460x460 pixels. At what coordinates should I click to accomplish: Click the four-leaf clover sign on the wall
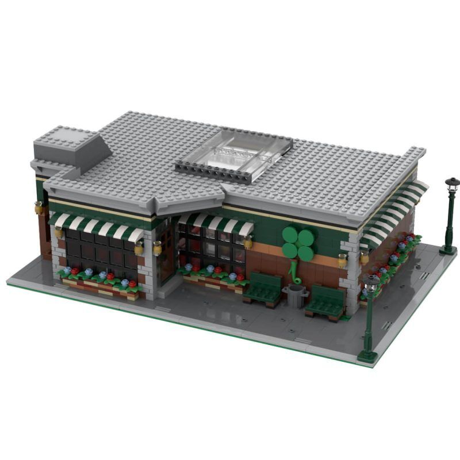point(298,243)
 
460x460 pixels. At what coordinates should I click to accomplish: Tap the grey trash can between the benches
point(296,296)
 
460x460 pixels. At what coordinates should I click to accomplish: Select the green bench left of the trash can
point(263,289)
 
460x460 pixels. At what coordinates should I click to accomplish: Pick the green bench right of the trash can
point(326,301)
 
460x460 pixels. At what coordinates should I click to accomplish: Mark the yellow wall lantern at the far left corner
point(39,208)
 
